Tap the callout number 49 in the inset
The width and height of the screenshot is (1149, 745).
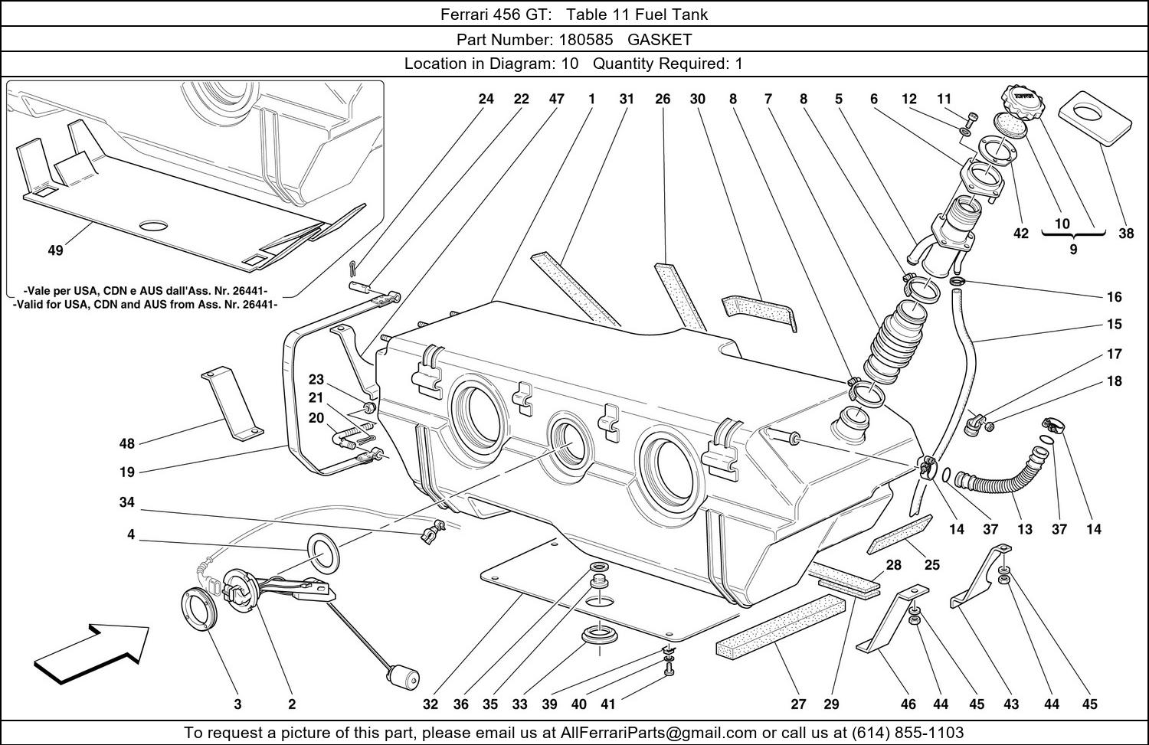tap(55, 250)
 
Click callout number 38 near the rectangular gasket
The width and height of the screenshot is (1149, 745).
tap(1125, 234)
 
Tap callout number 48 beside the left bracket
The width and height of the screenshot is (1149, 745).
tap(127, 443)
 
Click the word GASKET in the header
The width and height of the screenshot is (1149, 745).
tap(660, 39)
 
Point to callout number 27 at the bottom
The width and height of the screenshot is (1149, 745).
tap(798, 704)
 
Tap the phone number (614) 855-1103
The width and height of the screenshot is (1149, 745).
tap(906, 733)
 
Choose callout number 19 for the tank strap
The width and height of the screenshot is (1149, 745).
tap(127, 472)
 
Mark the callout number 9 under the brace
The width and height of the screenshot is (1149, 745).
tap(1073, 249)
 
